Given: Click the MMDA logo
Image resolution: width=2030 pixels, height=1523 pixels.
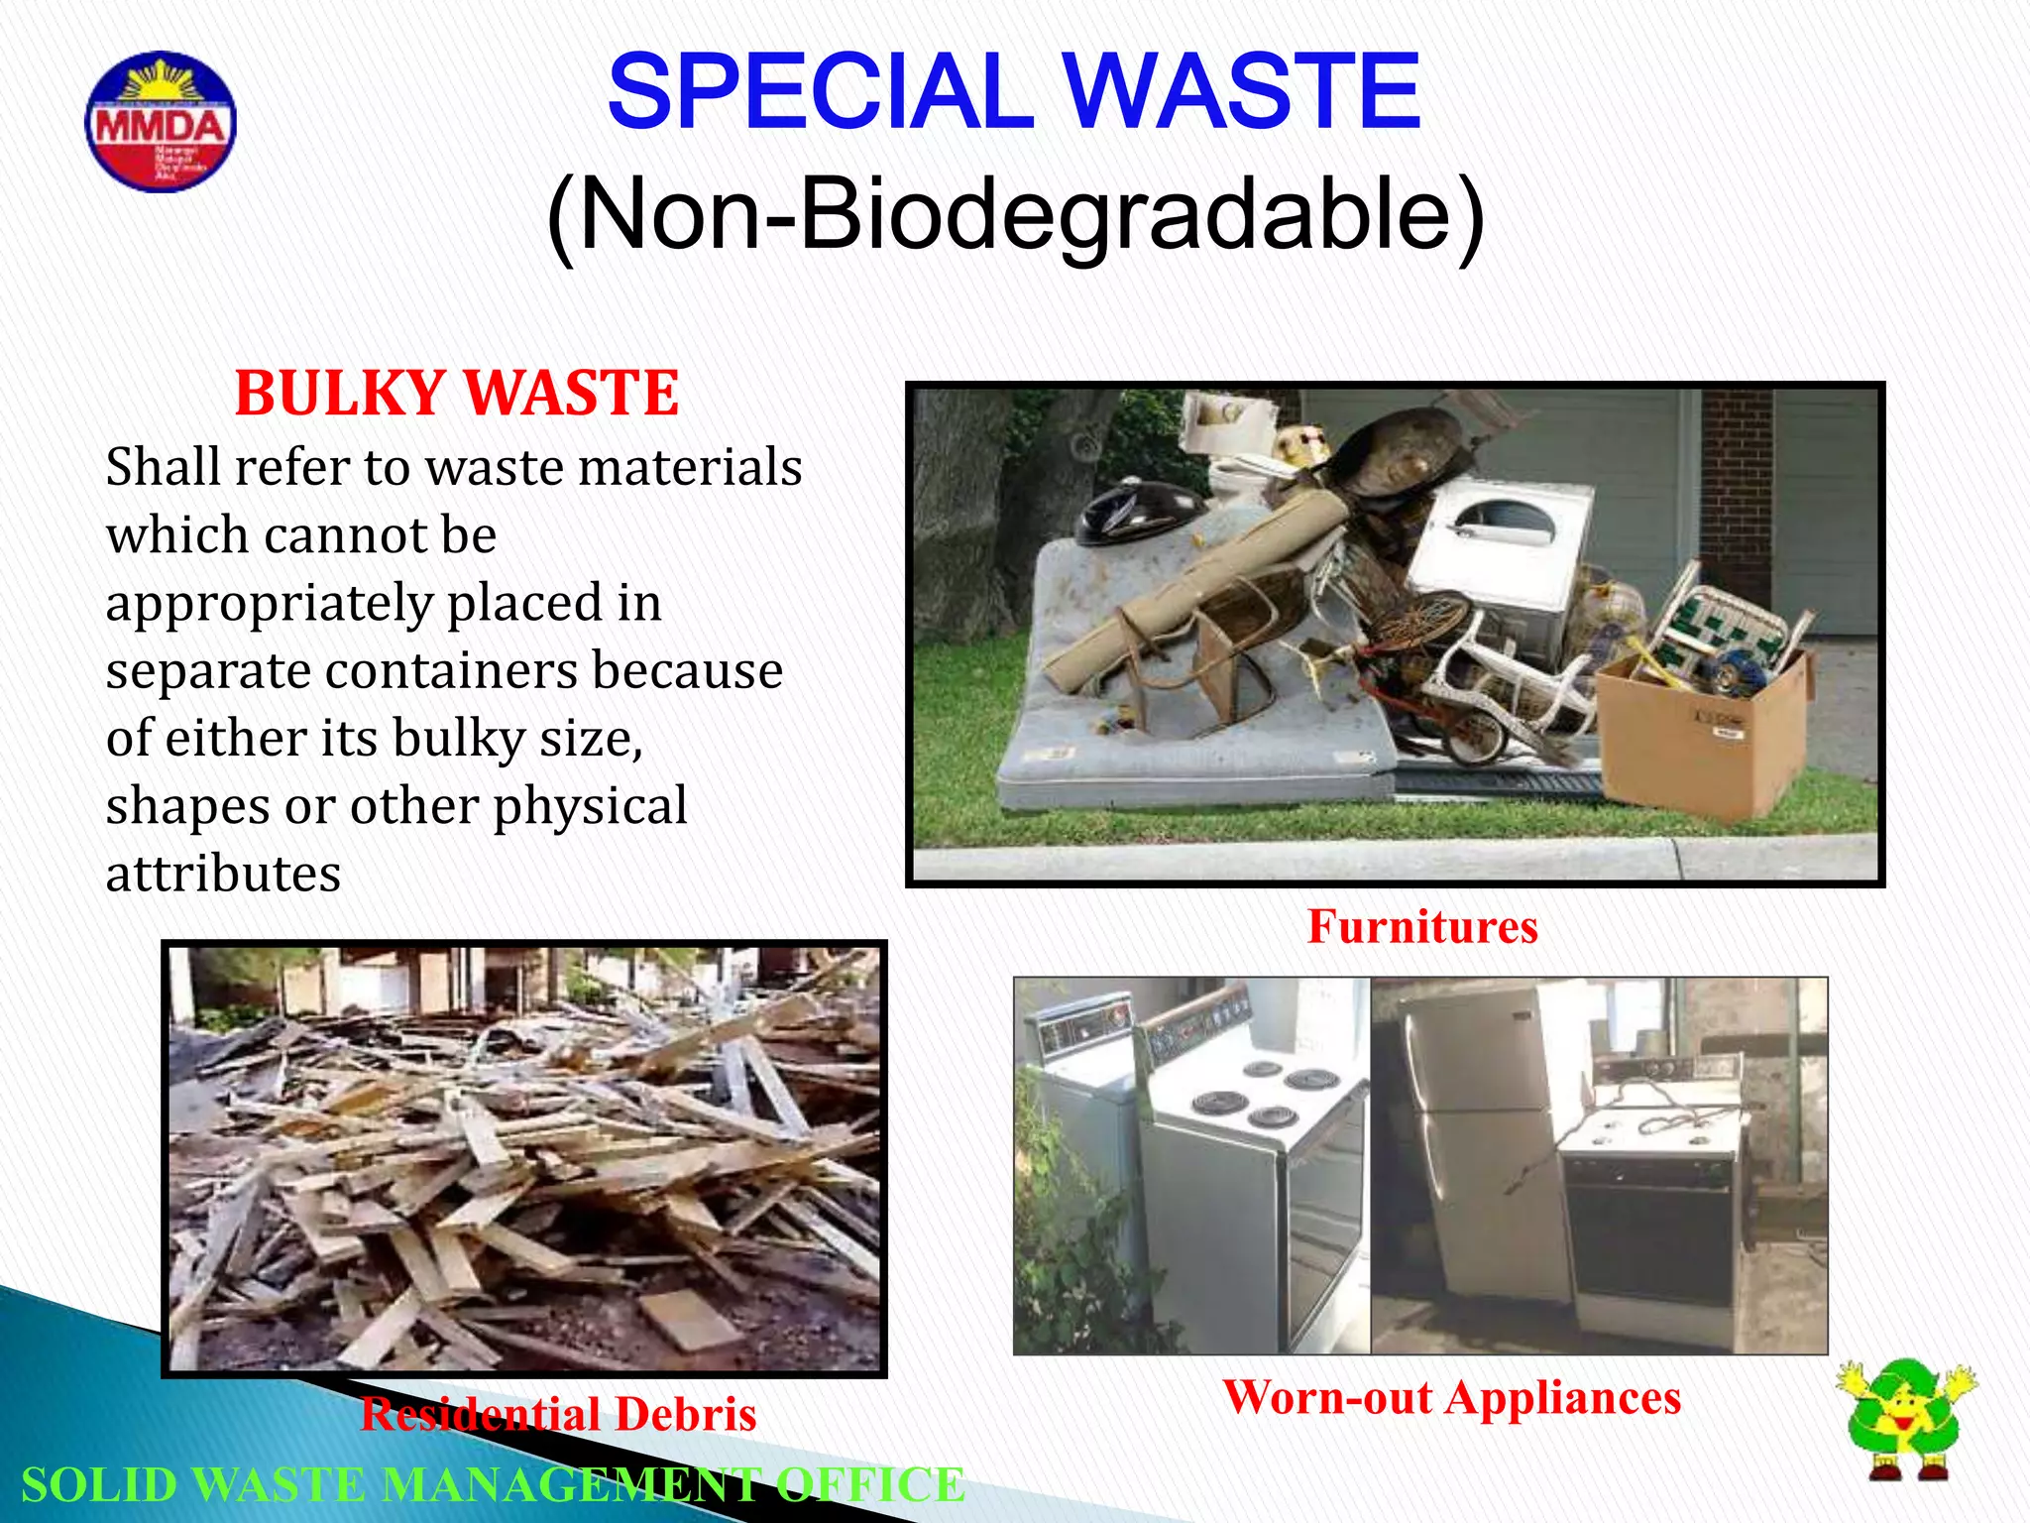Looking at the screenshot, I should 161,122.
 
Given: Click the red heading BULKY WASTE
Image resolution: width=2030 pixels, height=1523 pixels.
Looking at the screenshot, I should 457,393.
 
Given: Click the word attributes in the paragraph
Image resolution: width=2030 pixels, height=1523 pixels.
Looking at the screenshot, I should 223,875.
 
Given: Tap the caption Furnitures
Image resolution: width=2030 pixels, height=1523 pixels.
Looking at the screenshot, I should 1422,927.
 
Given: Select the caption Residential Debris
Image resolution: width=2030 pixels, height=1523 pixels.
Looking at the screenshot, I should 558,1414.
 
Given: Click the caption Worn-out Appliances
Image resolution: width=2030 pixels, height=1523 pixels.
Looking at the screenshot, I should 1451,1398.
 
